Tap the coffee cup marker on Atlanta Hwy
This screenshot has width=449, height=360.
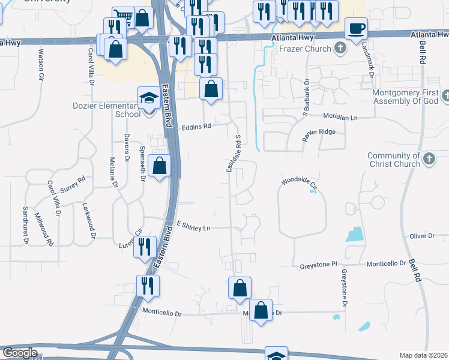click(x=356, y=28)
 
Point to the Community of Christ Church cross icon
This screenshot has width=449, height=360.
click(x=428, y=159)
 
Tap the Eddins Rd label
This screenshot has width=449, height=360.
click(x=197, y=127)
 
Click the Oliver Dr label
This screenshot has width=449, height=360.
click(x=422, y=236)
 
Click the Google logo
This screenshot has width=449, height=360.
click(x=20, y=353)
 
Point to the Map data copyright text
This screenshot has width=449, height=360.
click(x=423, y=355)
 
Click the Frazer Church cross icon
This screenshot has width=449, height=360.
click(x=340, y=48)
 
